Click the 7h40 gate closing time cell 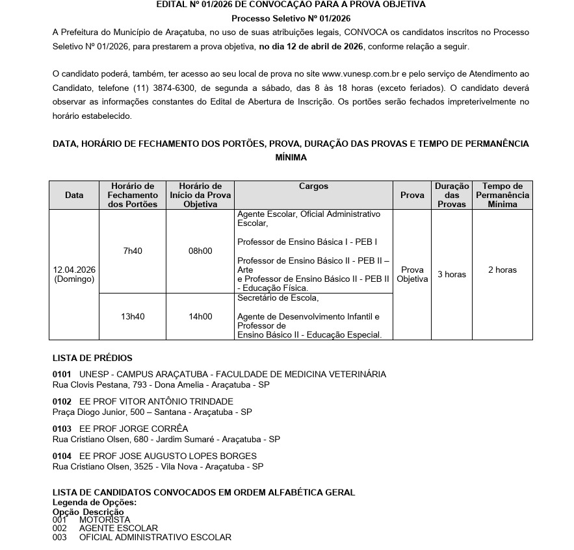(x=133, y=251)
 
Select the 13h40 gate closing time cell (x=133, y=317)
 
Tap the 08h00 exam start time (x=200, y=251)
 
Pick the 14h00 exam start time (x=200, y=317)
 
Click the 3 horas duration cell (x=452, y=274)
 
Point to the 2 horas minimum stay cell (x=502, y=269)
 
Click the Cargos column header (x=313, y=186)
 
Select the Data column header (x=74, y=195)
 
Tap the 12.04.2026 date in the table (x=74, y=269)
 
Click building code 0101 (x=62, y=374)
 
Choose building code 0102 (x=62, y=401)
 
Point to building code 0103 (x=62, y=429)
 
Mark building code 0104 (x=62, y=456)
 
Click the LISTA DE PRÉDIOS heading (x=92, y=358)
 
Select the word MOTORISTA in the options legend (x=104, y=519)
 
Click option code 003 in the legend (x=59, y=537)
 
